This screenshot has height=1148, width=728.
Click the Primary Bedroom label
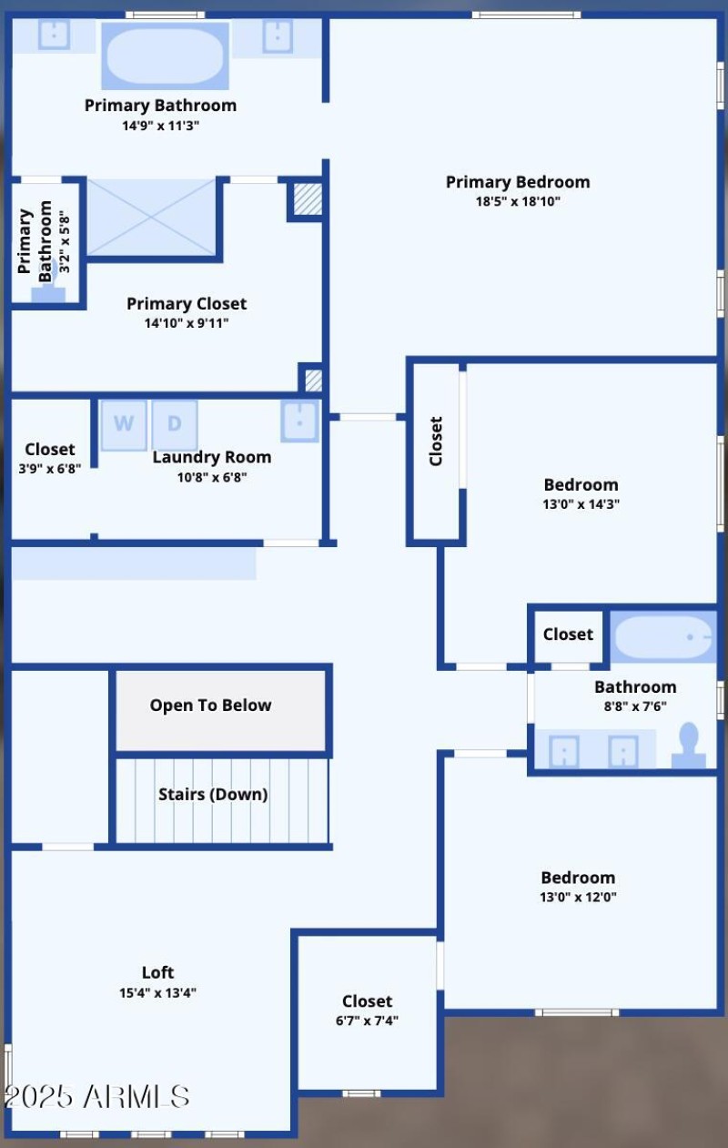click(518, 182)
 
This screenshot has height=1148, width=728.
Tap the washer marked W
click(124, 424)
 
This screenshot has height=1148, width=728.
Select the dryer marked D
click(175, 424)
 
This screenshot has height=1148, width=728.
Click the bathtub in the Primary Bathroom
click(165, 56)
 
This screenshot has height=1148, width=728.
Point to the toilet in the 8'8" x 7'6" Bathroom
click(688, 746)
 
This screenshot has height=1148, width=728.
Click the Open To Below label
click(210, 706)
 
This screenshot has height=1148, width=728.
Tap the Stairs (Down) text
click(213, 795)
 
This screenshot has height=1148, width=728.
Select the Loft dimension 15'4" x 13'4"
click(157, 993)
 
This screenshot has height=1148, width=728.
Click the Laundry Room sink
click(299, 421)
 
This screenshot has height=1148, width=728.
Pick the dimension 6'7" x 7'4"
click(367, 1021)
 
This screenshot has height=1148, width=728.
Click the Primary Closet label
click(187, 304)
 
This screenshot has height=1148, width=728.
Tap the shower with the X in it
click(151, 217)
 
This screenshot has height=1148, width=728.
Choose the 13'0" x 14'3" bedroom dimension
click(581, 504)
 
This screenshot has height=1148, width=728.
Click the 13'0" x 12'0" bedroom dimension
click(578, 897)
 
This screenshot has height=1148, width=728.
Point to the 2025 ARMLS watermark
click(96, 1096)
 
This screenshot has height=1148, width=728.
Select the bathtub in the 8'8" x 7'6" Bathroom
click(662, 636)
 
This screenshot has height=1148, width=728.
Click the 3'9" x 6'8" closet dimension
click(50, 469)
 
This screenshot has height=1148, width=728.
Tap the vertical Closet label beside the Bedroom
click(436, 442)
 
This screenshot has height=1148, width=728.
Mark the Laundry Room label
click(211, 457)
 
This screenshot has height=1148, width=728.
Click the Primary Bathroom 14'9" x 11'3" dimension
click(160, 126)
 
